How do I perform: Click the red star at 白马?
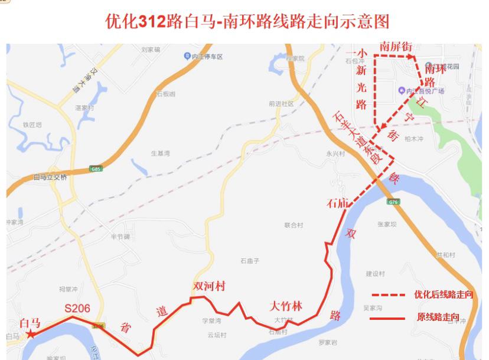pyautogui.click(x=30, y=334)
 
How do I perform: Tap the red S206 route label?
pyautogui.click(x=77, y=308)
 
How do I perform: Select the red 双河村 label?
pyautogui.click(x=210, y=286)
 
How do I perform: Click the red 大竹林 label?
pyautogui.click(x=285, y=306)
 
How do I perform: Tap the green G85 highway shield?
pyautogui.click(x=96, y=169)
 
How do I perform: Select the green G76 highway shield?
pyautogui.click(x=393, y=202)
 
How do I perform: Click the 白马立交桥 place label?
pyautogui.click(x=51, y=177)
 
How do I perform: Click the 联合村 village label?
pyautogui.click(x=293, y=225)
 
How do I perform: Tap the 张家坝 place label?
pyautogui.click(x=387, y=224)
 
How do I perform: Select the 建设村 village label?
pyautogui.click(x=375, y=274)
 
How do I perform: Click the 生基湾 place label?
pyautogui.click(x=160, y=153)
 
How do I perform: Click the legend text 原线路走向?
pyautogui.click(x=438, y=318)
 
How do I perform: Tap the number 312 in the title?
pyautogui.click(x=151, y=22)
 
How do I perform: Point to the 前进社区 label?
pyautogui.click(x=281, y=103)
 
